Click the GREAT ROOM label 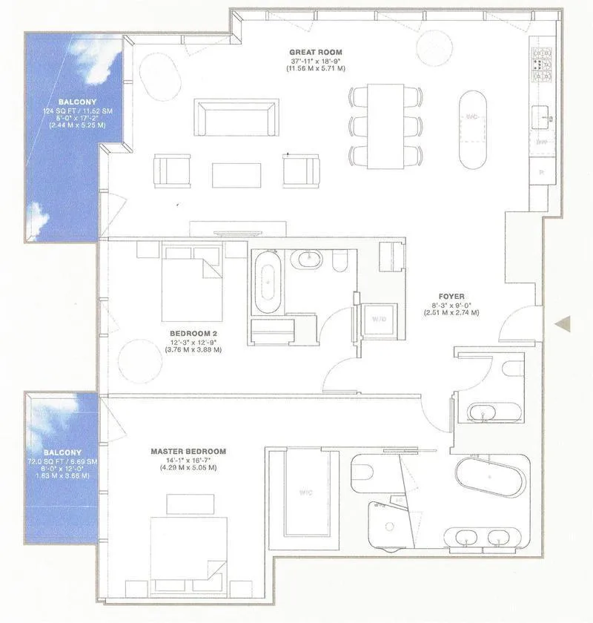pyautogui.click(x=311, y=52)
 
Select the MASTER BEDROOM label pyautogui.click(x=188, y=451)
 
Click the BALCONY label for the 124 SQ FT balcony pyautogui.click(x=74, y=102)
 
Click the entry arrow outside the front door pyautogui.click(x=564, y=323)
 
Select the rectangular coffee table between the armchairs pyautogui.click(x=236, y=175)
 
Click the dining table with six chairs pyautogui.click(x=385, y=125)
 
